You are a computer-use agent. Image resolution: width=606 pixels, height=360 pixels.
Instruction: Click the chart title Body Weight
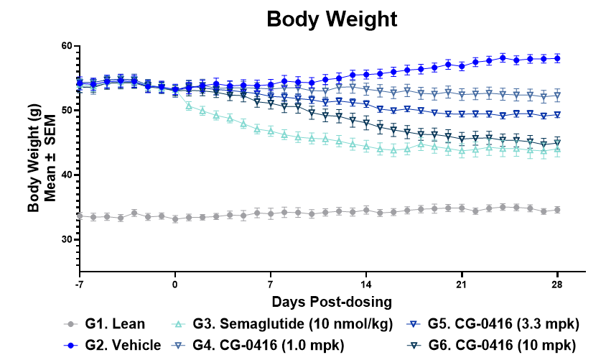[332, 19]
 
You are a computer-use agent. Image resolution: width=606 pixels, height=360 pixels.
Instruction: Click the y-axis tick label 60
[67, 46]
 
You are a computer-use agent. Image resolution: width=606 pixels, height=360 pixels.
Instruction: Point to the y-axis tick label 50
[67, 110]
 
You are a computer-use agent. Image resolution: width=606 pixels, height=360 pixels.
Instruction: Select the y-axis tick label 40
[67, 175]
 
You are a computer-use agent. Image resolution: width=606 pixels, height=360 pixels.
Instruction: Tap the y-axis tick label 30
[67, 239]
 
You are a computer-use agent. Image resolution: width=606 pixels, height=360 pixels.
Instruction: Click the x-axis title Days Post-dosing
[332, 299]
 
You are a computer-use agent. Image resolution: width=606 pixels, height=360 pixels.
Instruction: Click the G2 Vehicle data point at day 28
[558, 58]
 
